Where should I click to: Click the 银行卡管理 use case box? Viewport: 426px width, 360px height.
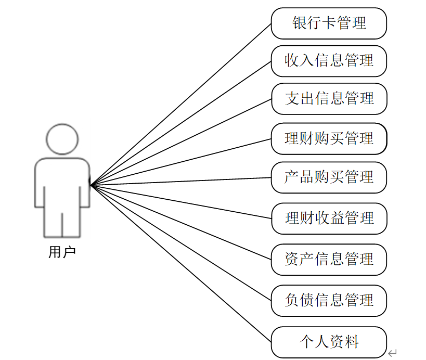[x=329, y=23]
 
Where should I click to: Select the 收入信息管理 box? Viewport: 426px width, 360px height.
[x=329, y=61]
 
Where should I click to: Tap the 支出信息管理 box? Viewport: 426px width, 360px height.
[x=329, y=98]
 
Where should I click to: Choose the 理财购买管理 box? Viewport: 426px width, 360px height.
[x=329, y=138]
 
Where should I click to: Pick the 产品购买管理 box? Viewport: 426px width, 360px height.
[x=329, y=177]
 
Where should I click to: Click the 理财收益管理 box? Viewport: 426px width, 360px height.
[x=329, y=218]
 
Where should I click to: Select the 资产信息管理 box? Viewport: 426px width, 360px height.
[x=329, y=259]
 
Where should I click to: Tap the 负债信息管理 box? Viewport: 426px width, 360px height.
[x=329, y=300]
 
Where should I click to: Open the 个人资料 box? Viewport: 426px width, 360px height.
[x=329, y=342]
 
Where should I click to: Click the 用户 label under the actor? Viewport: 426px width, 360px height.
[x=62, y=253]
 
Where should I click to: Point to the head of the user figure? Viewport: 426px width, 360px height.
[x=62, y=139]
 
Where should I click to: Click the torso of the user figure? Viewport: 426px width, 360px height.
[x=62, y=179]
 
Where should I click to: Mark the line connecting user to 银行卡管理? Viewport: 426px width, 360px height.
[x=181, y=104]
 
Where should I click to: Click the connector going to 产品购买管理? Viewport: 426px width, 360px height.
[x=181, y=181]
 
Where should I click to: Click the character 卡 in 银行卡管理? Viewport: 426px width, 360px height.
[x=329, y=23]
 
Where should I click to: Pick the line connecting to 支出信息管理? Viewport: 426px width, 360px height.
[x=181, y=141]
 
